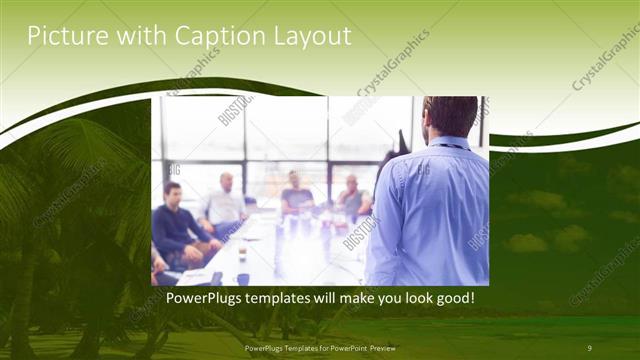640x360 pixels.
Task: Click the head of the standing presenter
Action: pos(451,116)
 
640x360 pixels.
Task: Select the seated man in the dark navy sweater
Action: pos(177,221)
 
